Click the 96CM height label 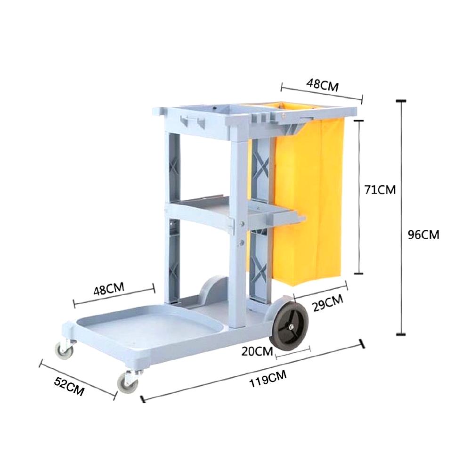click(x=423, y=235)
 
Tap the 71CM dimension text click(x=380, y=190)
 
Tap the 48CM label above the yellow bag click(x=323, y=84)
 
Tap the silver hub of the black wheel click(x=292, y=325)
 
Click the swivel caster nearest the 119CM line click(x=128, y=382)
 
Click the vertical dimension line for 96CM click(x=401, y=217)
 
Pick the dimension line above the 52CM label click(x=77, y=379)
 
